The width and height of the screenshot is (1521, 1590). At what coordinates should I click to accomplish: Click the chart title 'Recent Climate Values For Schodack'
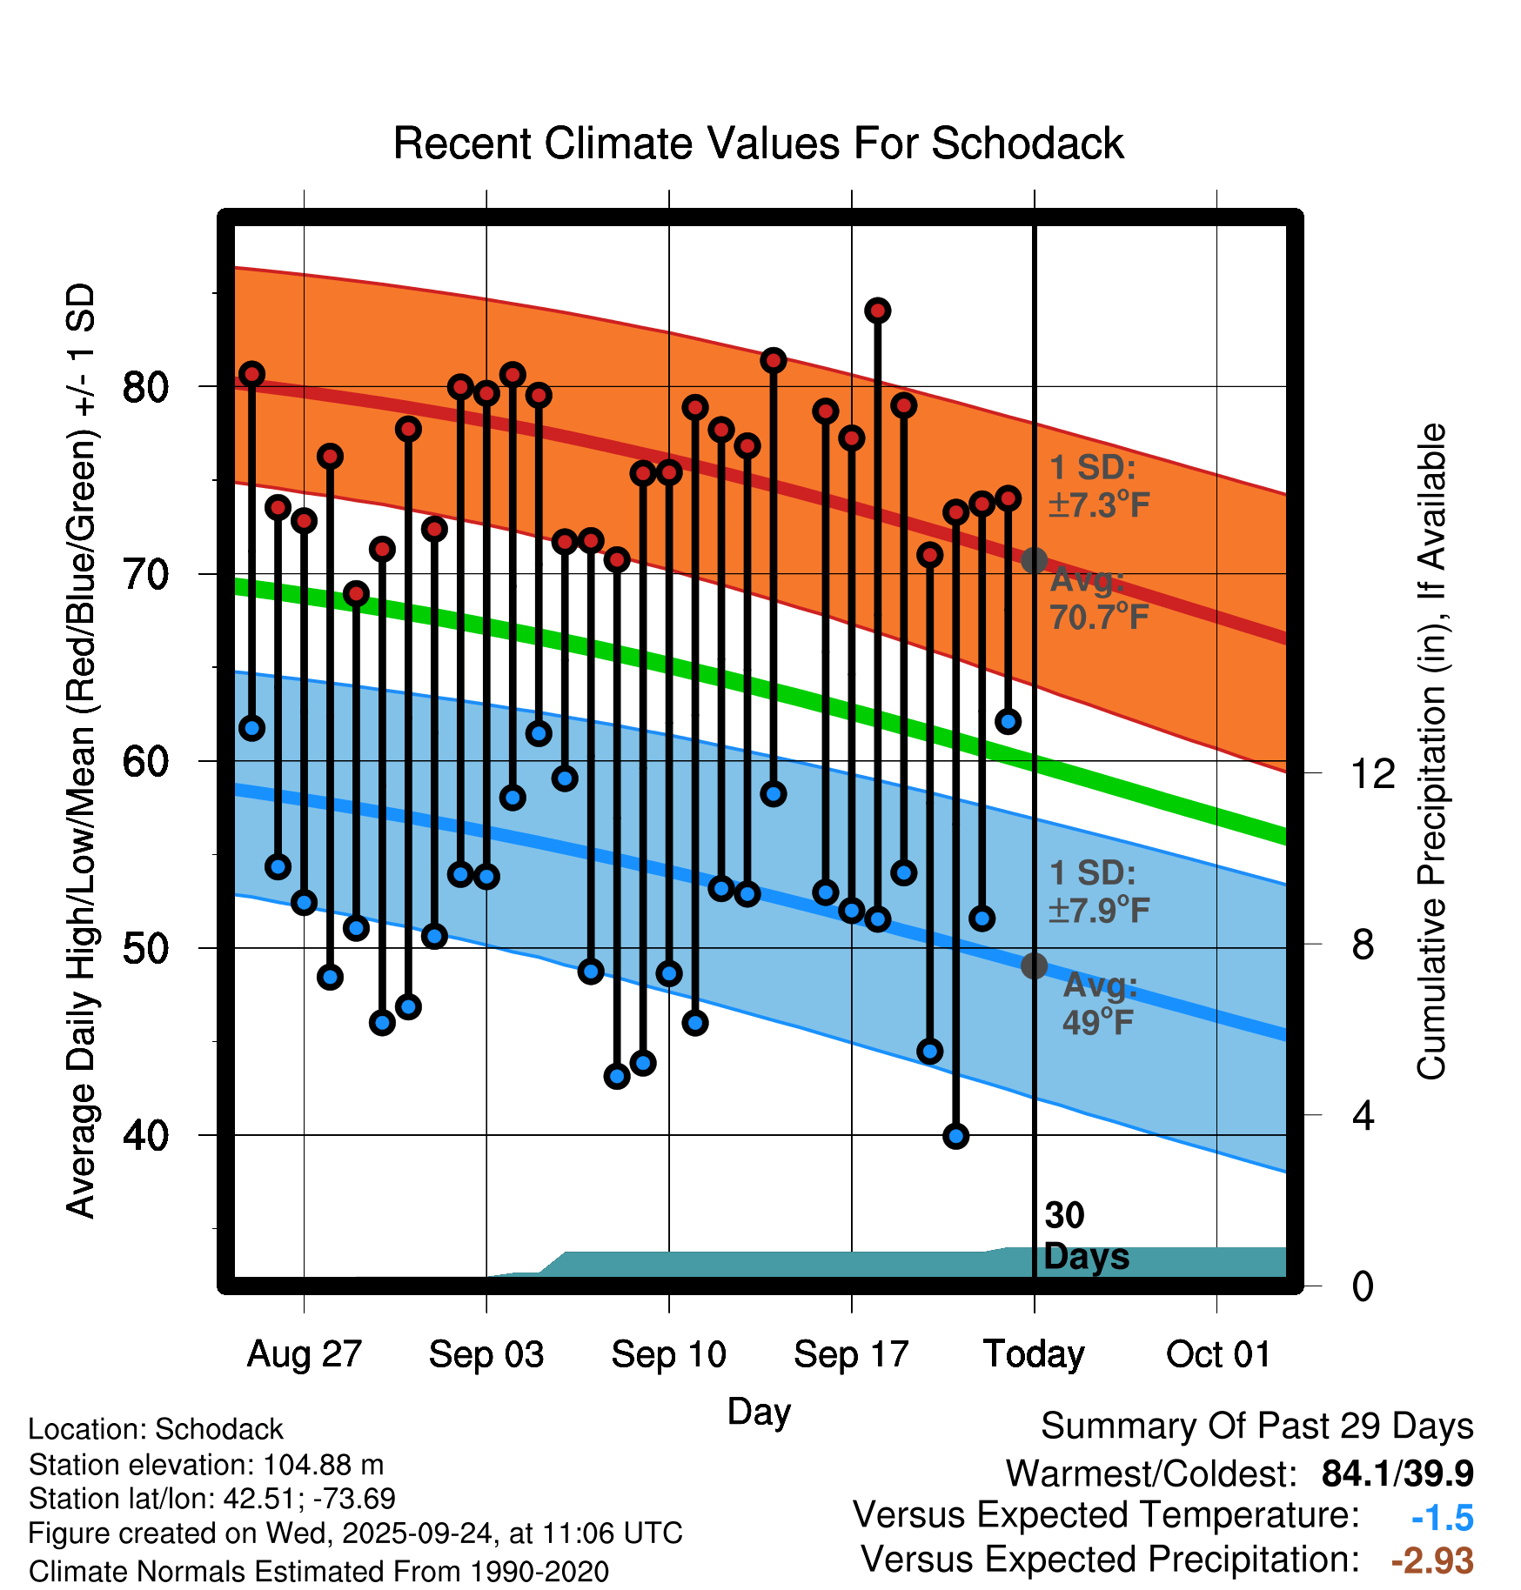click(758, 144)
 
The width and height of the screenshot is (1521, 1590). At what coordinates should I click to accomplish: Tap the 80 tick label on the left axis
click(145, 386)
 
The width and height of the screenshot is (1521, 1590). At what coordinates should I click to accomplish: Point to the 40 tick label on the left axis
click(145, 1135)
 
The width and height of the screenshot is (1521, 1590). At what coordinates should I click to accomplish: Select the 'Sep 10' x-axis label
click(668, 1354)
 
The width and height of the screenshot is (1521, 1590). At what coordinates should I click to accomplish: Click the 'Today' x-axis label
click(1034, 1354)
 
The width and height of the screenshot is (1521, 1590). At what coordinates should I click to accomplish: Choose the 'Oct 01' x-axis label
click(1217, 1354)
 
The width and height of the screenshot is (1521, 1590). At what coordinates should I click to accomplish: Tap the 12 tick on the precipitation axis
click(1372, 773)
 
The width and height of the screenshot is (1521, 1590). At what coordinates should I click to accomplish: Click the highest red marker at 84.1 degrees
click(877, 311)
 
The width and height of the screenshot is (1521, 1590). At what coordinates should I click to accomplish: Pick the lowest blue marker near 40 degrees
click(955, 1136)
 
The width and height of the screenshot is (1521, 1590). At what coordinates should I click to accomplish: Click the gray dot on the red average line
click(1034, 560)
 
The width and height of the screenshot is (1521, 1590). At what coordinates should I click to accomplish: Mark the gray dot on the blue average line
click(1034, 965)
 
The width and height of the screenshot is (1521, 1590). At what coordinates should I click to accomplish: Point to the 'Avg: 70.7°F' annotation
click(1098, 598)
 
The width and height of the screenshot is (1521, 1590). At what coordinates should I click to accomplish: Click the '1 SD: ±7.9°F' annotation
click(1098, 892)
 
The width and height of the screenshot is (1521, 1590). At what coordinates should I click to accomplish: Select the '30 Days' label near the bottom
click(1084, 1236)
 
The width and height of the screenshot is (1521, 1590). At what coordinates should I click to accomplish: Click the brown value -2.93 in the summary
click(1432, 1560)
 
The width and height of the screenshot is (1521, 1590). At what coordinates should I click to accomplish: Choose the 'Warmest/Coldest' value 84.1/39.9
click(1397, 1473)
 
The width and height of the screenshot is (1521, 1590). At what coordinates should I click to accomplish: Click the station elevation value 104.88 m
click(323, 1465)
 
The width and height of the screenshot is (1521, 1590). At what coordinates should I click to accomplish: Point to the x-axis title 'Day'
click(759, 1412)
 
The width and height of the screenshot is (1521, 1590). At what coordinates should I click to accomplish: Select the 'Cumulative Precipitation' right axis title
click(1431, 752)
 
